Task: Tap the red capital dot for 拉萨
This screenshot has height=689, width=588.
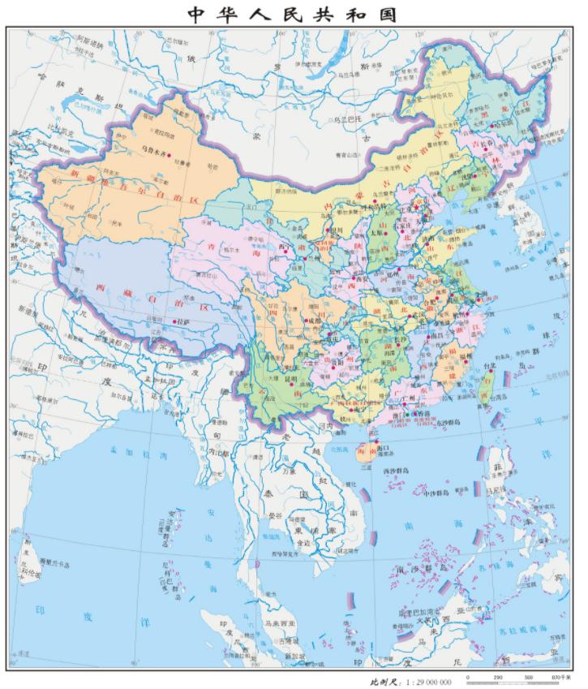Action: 176,322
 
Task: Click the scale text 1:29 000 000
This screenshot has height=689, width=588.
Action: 423,682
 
